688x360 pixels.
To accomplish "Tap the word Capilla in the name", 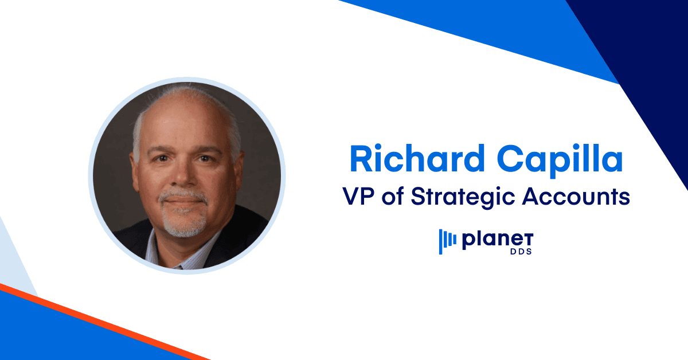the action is [560, 161].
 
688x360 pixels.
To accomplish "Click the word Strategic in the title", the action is [463, 198].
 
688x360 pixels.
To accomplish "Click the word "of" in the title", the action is [393, 196].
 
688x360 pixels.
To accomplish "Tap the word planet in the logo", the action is [498, 240].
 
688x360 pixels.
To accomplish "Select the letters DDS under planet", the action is [521, 252].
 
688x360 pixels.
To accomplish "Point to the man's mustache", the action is [183, 195].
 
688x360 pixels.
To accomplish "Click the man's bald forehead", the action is [184, 123].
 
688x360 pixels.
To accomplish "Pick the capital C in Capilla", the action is [509, 158].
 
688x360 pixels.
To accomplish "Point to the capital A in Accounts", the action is [532, 195].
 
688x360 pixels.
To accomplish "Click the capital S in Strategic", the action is [419, 195].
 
